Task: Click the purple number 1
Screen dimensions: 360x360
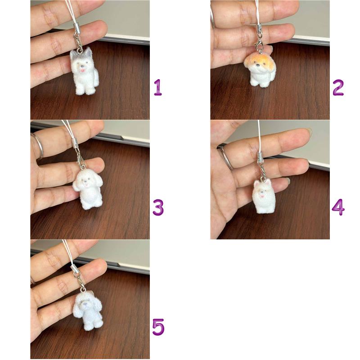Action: [x=158, y=87]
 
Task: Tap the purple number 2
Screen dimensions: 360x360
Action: [x=338, y=87]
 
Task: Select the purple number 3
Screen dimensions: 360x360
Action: [x=158, y=207]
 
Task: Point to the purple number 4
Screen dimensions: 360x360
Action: [x=338, y=207]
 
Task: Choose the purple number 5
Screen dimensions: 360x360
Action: [x=158, y=327]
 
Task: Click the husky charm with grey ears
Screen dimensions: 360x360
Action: [x=84, y=72]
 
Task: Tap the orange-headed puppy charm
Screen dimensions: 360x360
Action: [x=260, y=70]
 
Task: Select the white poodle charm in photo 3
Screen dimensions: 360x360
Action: [x=88, y=189]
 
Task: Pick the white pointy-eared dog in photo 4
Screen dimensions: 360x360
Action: [x=264, y=196]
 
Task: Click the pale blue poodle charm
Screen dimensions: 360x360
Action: [x=87, y=310]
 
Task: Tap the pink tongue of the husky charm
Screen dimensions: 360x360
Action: [x=82, y=70]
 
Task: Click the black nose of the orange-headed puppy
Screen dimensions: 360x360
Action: [x=258, y=65]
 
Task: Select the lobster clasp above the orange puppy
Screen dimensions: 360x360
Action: [x=259, y=44]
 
